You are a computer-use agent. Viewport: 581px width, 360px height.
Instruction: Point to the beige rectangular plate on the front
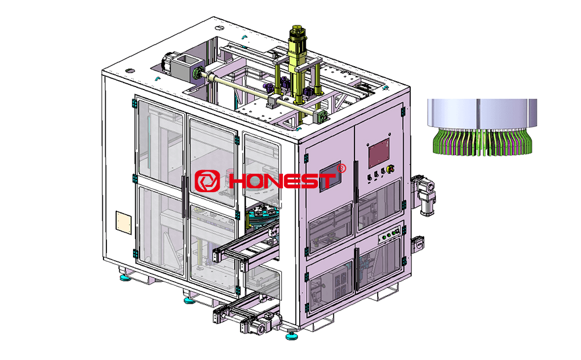click(124, 221)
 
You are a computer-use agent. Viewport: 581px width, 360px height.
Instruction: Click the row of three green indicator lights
click(390, 235)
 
